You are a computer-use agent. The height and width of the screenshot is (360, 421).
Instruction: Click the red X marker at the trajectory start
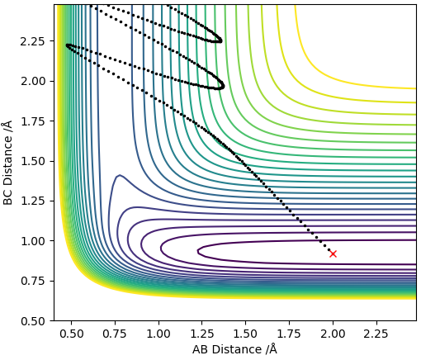click(x=333, y=253)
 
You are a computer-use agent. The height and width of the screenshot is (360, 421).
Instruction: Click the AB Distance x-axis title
click(x=234, y=350)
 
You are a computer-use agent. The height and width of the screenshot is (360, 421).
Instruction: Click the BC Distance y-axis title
click(x=8, y=163)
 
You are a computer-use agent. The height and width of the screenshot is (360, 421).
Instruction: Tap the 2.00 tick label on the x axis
click(x=333, y=334)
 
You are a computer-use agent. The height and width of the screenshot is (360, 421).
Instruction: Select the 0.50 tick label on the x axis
click(x=72, y=334)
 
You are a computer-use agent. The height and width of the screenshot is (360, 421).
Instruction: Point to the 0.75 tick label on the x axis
click(x=115, y=334)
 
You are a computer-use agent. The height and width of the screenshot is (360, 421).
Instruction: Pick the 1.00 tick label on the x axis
click(x=158, y=334)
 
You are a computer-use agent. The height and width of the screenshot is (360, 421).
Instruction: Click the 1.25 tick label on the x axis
click(x=202, y=334)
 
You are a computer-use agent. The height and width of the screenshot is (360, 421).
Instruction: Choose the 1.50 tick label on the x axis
click(x=245, y=334)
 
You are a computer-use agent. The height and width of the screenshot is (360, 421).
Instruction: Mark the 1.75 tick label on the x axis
click(x=289, y=334)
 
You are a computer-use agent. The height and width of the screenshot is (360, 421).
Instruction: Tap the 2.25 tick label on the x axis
click(x=376, y=334)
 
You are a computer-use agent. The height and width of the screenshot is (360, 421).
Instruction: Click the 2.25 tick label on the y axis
click(x=32, y=41)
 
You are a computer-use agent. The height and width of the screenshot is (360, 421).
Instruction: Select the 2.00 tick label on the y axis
click(x=32, y=82)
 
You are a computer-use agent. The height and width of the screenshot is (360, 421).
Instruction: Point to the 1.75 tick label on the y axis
click(x=32, y=121)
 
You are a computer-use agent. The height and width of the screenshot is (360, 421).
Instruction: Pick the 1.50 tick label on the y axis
click(x=32, y=161)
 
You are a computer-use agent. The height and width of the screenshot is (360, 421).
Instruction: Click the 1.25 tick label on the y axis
click(x=32, y=201)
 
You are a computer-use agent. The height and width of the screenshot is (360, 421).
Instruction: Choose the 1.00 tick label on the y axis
click(x=32, y=241)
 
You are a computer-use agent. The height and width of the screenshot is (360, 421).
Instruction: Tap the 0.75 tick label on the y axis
click(x=32, y=282)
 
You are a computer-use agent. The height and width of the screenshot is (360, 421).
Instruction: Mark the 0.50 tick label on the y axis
click(x=32, y=321)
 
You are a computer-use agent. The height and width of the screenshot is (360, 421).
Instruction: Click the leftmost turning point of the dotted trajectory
click(x=67, y=45)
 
